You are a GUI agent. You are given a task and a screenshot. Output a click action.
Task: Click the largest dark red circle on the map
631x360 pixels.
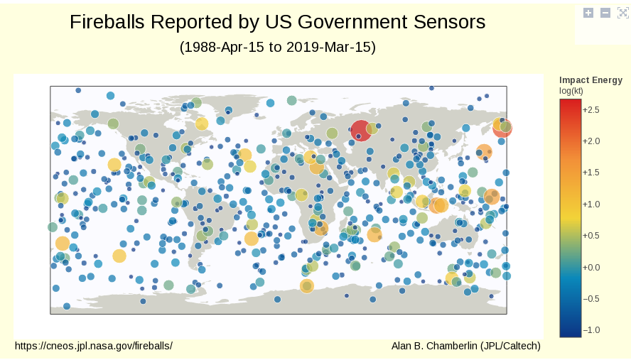pyautogui.click(x=361, y=131)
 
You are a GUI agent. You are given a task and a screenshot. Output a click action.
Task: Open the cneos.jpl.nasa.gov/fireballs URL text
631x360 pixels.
pyautogui.click(x=94, y=346)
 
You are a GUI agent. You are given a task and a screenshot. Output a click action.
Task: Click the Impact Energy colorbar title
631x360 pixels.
pyautogui.click(x=590, y=80)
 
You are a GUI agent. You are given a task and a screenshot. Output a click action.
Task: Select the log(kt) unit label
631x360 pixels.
pyautogui.click(x=571, y=90)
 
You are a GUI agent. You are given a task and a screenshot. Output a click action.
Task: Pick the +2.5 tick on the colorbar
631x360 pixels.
pyautogui.click(x=591, y=110)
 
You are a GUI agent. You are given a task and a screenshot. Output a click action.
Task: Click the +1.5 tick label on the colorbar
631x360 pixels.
pyautogui.click(x=591, y=173)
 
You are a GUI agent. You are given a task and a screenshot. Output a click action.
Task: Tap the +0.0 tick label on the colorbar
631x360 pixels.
pyautogui.click(x=591, y=267)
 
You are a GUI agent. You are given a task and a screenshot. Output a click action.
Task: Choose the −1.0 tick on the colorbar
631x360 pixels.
pyautogui.click(x=591, y=329)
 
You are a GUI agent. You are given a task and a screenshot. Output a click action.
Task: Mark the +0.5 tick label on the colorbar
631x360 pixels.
pyautogui.click(x=591, y=236)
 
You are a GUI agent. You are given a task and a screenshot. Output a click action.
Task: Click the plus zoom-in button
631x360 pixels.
pyautogui.click(x=588, y=13)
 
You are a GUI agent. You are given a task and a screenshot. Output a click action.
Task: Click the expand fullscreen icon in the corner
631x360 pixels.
pyautogui.click(x=623, y=13)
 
